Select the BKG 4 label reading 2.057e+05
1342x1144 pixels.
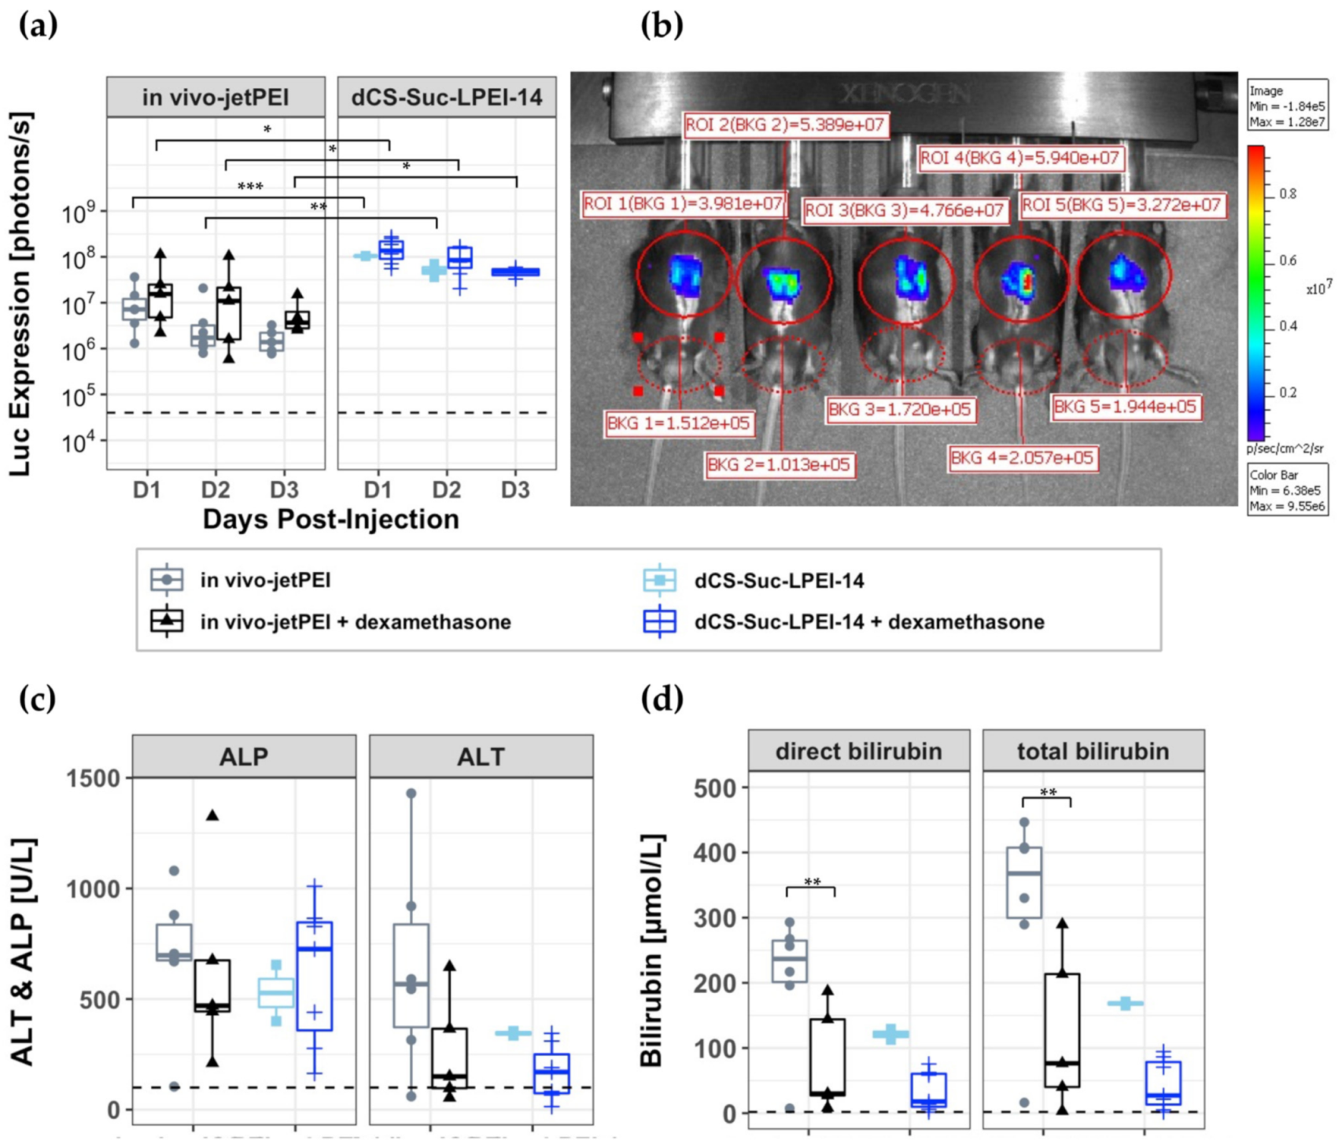coord(1021,458)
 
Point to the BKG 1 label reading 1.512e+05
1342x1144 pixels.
coord(678,423)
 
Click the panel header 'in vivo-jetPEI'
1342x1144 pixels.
coord(216,98)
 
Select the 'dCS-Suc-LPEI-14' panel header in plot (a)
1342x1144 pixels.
coord(447,98)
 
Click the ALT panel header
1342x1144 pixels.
coord(481,757)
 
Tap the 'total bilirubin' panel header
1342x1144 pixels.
coord(1093,751)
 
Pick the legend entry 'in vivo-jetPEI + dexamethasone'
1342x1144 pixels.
coord(355,622)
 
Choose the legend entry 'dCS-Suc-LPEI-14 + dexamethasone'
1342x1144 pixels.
coord(869,622)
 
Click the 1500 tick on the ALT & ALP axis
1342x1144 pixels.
coord(93,778)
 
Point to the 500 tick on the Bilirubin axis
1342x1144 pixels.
coord(717,788)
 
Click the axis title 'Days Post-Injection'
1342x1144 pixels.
coord(330,519)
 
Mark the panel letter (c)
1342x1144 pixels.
coord(37,698)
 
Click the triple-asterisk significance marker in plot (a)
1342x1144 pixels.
coord(250,187)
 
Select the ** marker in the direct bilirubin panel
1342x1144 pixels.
coord(812,883)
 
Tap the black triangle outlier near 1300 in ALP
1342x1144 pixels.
coord(212,815)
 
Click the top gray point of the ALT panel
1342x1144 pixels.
coord(411,794)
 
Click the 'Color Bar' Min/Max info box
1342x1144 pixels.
coord(1287,489)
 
